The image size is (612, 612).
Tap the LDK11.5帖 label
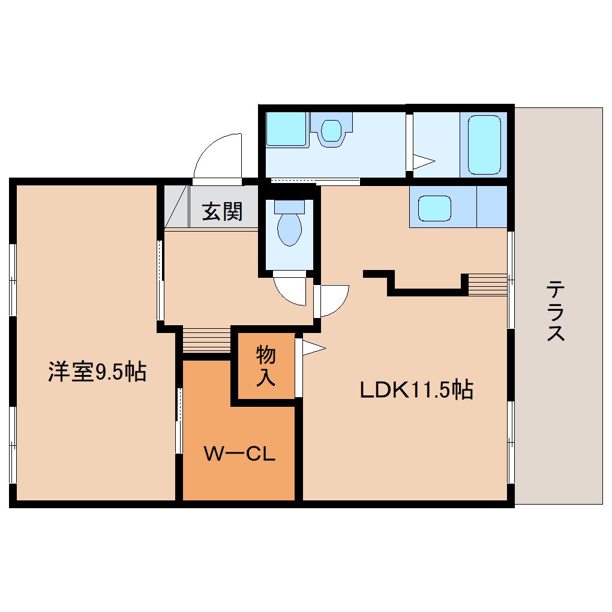(x=416, y=390)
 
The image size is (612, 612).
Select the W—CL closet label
(x=239, y=454)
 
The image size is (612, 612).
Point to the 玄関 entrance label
(x=222, y=211)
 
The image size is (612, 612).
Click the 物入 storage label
(x=266, y=366)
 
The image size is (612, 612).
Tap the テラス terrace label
(x=556, y=312)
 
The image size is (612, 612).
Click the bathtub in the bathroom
(x=484, y=143)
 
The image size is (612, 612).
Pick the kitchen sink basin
(x=434, y=208)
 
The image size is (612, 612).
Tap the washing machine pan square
(x=286, y=129)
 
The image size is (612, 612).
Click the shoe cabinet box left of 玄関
(x=176, y=206)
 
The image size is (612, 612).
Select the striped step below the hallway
(x=206, y=341)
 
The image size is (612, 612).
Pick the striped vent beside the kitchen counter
(x=487, y=284)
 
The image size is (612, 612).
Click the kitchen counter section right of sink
(x=491, y=207)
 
